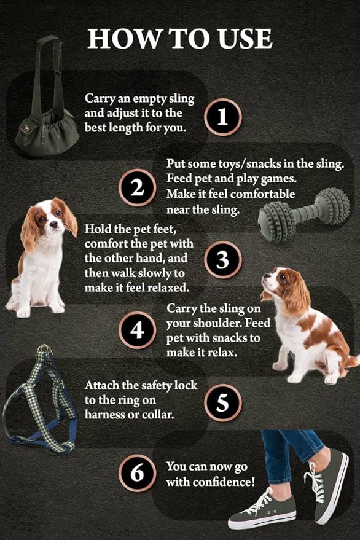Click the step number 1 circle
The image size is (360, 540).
pos(223,116)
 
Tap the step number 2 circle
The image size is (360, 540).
pos(136,187)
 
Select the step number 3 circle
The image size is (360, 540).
pos(223,259)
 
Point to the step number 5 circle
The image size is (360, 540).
pos(223,402)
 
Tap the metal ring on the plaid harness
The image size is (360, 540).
pos(44,351)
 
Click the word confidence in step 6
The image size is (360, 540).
pos(224,482)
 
